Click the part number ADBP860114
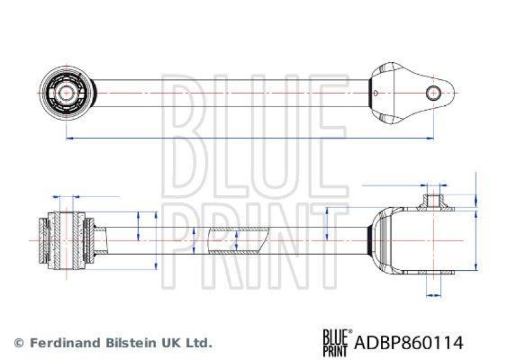click(409, 343)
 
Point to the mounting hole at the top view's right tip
click(433, 93)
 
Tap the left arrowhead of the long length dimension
click(68, 138)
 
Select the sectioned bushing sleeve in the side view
click(65, 240)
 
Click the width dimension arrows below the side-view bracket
click(433, 294)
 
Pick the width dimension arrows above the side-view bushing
click(65, 196)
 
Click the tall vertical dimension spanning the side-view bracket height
click(475, 240)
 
